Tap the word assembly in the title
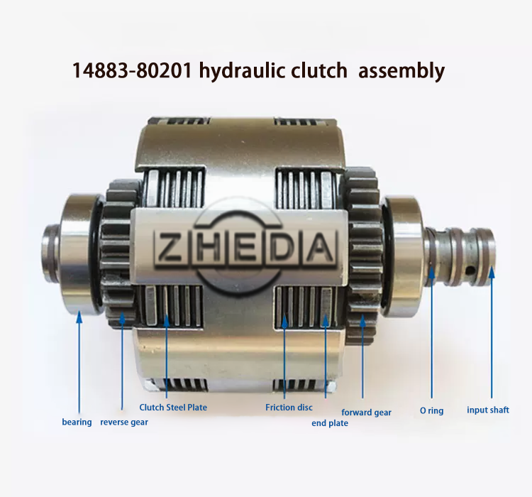click(x=401, y=72)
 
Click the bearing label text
click(x=77, y=422)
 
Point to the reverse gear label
click(x=124, y=422)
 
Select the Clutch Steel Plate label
click(x=173, y=407)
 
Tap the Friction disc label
click(x=289, y=407)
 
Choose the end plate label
click(x=330, y=423)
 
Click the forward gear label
click(x=366, y=412)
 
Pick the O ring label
click(x=431, y=410)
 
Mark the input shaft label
click(x=487, y=410)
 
